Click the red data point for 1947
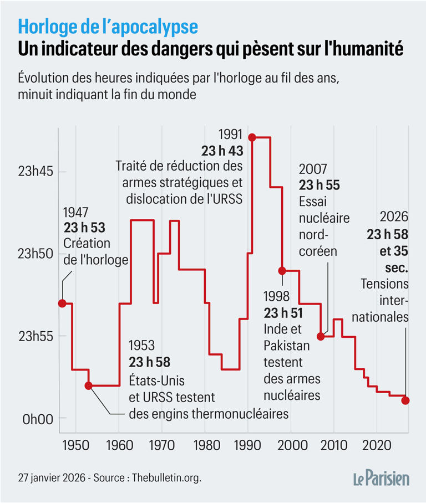pos(62,303)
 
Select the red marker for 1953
pos(88,385)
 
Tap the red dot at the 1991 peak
pos(251,137)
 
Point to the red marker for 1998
pos(282,270)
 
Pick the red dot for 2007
pos(321,336)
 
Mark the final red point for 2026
pos(405,400)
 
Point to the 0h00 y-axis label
pos(38,419)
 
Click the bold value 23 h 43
pos(222,150)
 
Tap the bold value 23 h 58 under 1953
pos(149,362)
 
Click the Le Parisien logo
pos(382,477)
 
